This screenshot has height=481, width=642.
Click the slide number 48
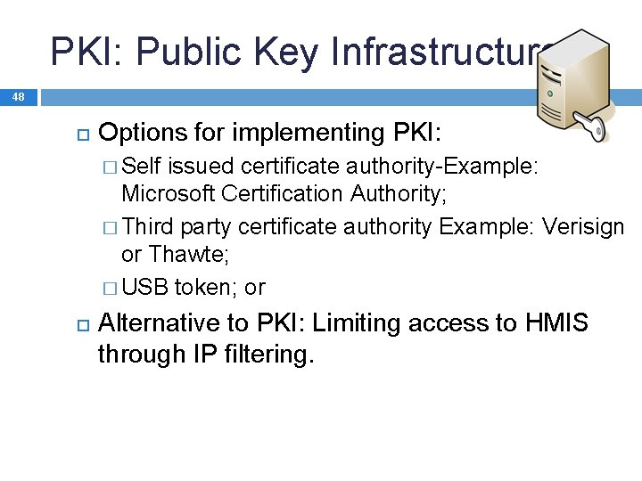pyautogui.click(x=19, y=96)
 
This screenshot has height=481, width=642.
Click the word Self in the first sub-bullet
pyautogui.click(x=142, y=166)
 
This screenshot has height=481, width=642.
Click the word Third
pyautogui.click(x=147, y=227)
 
